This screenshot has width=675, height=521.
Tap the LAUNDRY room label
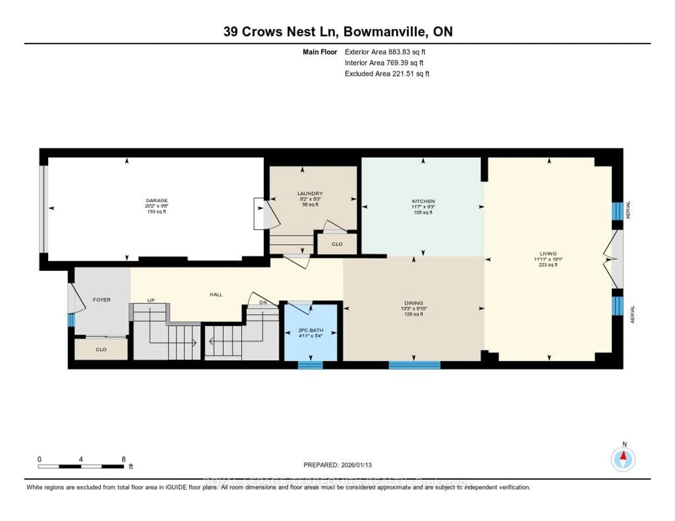310,193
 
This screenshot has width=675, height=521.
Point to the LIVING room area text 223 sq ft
548,265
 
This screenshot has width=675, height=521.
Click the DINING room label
414,303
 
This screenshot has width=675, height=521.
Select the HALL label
216,295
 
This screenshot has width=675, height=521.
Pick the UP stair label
151,300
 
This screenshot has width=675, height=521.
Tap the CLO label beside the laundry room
337,244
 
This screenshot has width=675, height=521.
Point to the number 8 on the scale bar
124,459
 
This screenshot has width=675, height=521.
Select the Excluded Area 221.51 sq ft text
387,73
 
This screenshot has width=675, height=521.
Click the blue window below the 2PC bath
310,365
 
